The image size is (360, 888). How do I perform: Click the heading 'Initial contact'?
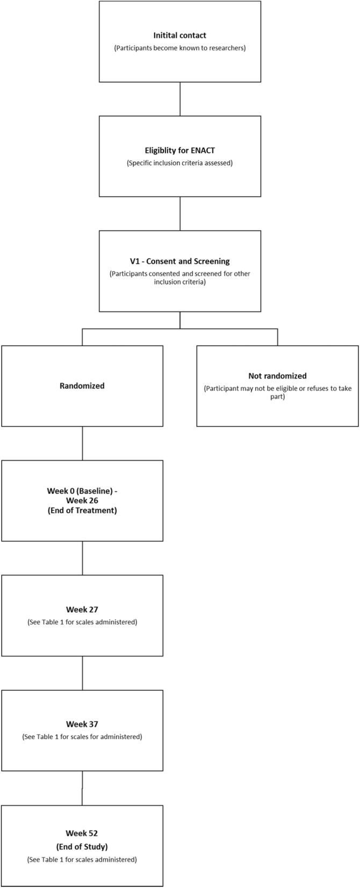pos(179,35)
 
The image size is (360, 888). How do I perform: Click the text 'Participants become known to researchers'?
pos(179,48)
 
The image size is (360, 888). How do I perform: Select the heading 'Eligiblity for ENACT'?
pos(179,151)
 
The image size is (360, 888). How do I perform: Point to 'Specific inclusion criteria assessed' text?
pos(179,163)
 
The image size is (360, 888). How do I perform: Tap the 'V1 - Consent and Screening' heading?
pos(179,261)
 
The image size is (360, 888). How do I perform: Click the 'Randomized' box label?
pos(82,386)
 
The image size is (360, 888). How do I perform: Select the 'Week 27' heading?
pos(82,610)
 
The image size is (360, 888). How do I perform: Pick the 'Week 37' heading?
pos(82,724)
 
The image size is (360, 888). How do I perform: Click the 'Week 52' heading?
pos(82,833)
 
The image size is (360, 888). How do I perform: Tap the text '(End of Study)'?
pos(82,846)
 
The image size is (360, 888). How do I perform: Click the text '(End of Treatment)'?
pos(82,510)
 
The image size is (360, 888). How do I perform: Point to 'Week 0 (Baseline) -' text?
pos(82,491)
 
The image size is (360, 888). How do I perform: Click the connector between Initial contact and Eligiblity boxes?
pos(180,99)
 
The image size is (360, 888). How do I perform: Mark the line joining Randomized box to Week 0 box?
pos(82,443)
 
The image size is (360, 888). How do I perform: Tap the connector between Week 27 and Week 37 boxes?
pos(82,673)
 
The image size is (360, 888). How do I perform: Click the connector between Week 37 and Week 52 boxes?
pos(82,788)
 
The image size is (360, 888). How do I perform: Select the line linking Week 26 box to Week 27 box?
pos(82,558)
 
